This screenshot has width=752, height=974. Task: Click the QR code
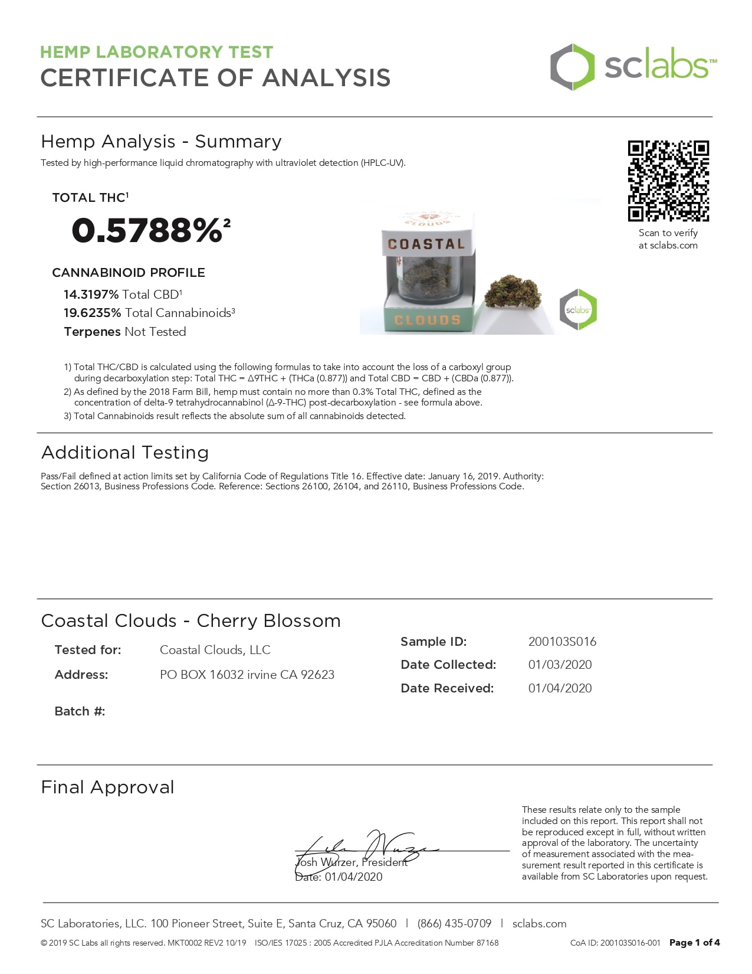[668, 181]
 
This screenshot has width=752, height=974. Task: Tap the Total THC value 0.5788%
[147, 230]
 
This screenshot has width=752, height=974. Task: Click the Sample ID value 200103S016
[562, 642]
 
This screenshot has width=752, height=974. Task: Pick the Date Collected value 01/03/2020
[560, 665]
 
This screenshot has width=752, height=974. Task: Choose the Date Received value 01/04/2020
[560, 688]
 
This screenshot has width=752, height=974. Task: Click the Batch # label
[80, 711]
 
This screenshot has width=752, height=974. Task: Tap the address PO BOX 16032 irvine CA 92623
[247, 675]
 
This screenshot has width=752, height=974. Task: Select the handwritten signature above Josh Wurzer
[366, 847]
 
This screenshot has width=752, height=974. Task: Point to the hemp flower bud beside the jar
[513, 291]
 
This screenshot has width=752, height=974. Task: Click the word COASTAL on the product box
[426, 244]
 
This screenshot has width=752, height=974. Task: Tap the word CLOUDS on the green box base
[427, 320]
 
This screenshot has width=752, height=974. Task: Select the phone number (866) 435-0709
[454, 924]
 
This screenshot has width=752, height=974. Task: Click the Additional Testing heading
[125, 453]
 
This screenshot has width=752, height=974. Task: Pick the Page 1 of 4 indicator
[694, 943]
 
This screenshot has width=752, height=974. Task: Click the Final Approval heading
[108, 787]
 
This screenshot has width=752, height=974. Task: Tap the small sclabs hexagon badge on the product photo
[578, 309]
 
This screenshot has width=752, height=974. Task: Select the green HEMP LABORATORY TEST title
[156, 52]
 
